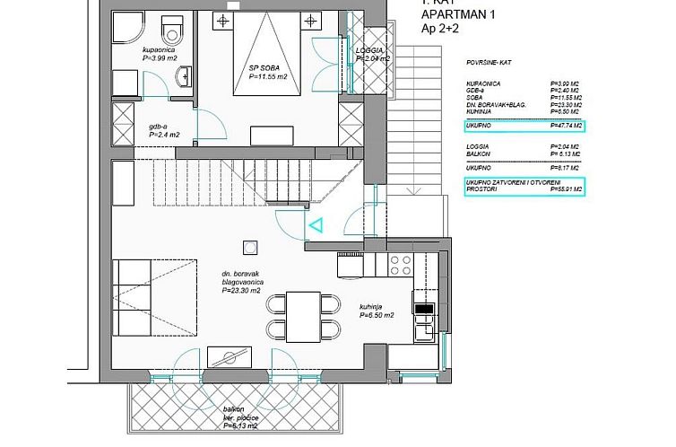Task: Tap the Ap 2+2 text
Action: click(x=440, y=30)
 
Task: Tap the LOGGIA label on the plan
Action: click(x=371, y=51)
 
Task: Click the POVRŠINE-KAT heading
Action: click(x=493, y=66)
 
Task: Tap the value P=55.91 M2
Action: click(x=565, y=189)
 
